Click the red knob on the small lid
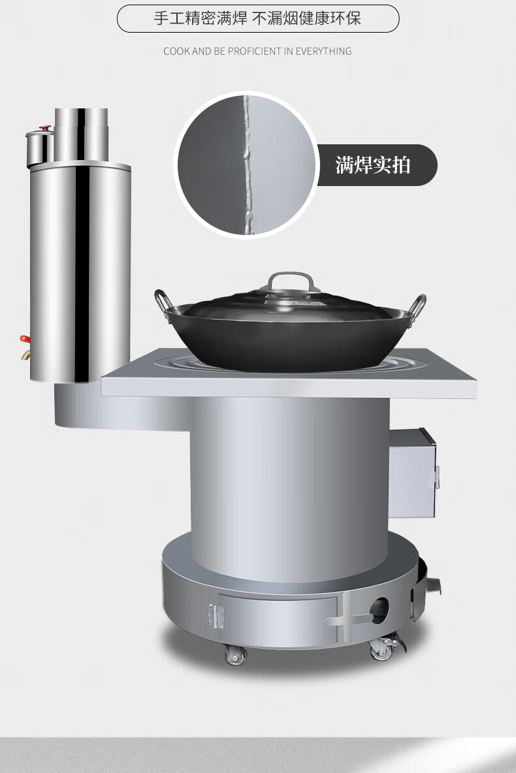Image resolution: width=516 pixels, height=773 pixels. point(45,128)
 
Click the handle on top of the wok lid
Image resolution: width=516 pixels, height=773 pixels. point(291,281)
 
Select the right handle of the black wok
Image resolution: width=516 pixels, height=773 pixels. point(417,306)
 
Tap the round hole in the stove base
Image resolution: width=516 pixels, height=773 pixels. point(379,610)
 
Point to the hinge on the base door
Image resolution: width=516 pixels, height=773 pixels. point(216,616)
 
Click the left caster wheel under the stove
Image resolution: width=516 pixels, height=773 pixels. point(235,654)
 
